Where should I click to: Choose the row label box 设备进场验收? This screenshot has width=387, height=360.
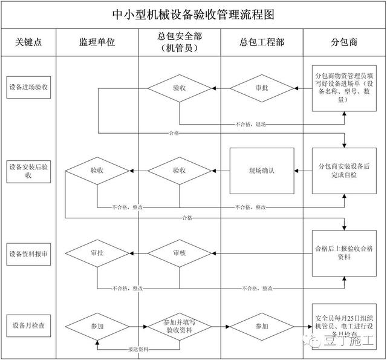click(28, 88)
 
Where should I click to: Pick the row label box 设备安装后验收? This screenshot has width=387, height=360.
click(28, 170)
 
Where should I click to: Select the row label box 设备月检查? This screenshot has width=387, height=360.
click(28, 326)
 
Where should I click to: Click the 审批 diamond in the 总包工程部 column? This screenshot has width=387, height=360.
click(261, 88)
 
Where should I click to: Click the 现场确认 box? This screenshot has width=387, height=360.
click(261, 171)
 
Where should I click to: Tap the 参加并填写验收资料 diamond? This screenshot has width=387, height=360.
click(180, 326)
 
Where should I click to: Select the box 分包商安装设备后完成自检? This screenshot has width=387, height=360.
click(343, 170)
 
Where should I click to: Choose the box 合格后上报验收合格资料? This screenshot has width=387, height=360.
click(343, 252)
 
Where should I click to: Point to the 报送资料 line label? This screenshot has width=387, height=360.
click(138, 350)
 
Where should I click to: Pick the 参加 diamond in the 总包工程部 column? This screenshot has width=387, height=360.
click(261, 326)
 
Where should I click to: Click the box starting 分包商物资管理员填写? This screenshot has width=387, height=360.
click(343, 88)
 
